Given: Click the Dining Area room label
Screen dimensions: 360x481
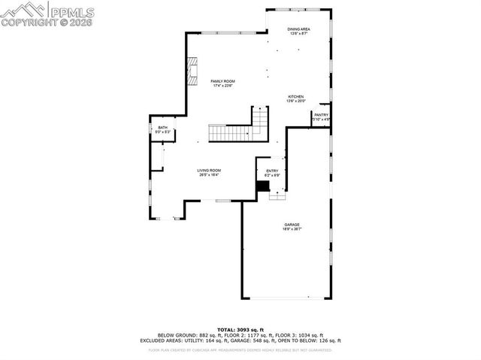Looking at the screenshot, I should pos(299,29).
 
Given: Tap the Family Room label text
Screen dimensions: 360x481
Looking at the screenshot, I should pos(222,80).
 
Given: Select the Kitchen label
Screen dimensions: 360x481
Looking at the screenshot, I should pos(296,97).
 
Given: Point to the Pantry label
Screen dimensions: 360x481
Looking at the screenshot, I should pos(321,115).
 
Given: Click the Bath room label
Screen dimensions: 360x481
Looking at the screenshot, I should pos(163,128).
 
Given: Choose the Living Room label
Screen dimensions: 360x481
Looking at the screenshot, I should pos(209,171).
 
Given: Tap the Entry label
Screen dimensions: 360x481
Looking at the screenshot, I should pos(272,171).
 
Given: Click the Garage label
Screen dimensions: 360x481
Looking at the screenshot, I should pos(292,225).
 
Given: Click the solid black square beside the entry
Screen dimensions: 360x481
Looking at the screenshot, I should pos(262,186).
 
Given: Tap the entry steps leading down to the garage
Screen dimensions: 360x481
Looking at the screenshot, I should pos(277,195).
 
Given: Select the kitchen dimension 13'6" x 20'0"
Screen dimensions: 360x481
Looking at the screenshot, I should pos(296,101).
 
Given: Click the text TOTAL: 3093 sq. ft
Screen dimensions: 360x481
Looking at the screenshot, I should pos(240,329).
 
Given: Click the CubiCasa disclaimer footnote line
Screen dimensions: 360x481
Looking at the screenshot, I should pos(240,349).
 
